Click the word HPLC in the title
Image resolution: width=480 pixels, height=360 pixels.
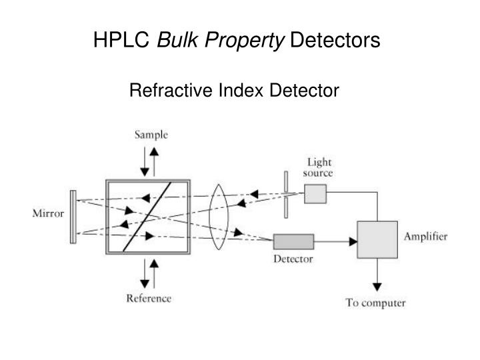point(121,40)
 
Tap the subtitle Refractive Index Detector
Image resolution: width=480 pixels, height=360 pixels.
point(234,90)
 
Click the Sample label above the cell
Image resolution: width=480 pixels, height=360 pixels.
point(151,135)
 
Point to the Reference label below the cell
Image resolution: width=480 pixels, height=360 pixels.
point(149,298)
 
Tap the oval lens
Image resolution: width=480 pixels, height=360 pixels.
point(219,216)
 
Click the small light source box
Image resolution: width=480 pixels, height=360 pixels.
point(315,193)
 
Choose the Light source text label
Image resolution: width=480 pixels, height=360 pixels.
point(319,167)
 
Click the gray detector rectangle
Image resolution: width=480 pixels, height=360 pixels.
point(293,241)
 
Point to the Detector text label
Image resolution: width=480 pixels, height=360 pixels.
point(293,259)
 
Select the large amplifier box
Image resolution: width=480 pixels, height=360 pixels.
point(378,239)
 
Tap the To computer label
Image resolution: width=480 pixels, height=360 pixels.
point(375,303)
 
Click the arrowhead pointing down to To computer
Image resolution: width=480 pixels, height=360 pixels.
point(377,286)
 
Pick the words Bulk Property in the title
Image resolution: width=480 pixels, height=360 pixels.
point(219,40)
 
